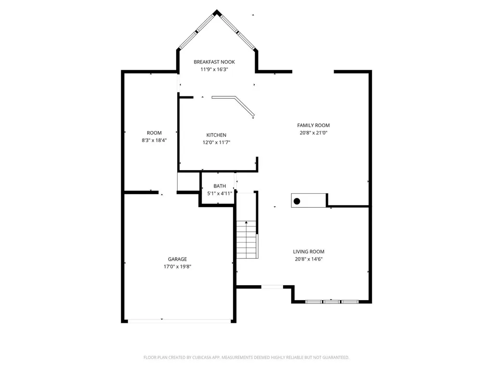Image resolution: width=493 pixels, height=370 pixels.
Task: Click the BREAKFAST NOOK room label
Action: click(x=214, y=62)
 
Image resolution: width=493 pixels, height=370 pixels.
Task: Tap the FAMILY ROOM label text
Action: click(x=313, y=125)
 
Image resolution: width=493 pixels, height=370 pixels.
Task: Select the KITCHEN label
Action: click(x=216, y=135)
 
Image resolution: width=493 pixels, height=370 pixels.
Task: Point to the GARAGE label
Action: click(x=177, y=259)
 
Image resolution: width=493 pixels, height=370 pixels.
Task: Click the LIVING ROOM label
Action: click(x=309, y=251)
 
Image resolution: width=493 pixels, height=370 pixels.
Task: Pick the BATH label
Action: click(x=220, y=186)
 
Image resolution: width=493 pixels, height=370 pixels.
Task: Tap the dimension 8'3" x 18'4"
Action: click(x=154, y=140)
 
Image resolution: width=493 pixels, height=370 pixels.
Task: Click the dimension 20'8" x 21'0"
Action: click(x=313, y=133)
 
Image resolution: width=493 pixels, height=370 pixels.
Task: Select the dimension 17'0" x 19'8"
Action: click(x=177, y=266)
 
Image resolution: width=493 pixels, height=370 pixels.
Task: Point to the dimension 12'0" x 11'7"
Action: click(x=216, y=143)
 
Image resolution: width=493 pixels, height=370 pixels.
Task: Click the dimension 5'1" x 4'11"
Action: click(x=220, y=194)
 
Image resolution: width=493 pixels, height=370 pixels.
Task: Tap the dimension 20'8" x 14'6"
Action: click(x=309, y=259)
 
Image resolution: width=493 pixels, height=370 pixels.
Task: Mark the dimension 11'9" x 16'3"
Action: click(x=214, y=69)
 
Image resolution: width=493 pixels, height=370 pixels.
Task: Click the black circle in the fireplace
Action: click(x=297, y=201)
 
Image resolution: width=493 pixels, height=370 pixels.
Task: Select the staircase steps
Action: click(x=247, y=240)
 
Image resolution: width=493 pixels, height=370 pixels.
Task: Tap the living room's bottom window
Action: click(x=332, y=302)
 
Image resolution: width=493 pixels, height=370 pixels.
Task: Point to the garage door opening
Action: click(x=179, y=321)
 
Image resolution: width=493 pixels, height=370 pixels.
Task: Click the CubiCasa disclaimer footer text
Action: click(x=246, y=357)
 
